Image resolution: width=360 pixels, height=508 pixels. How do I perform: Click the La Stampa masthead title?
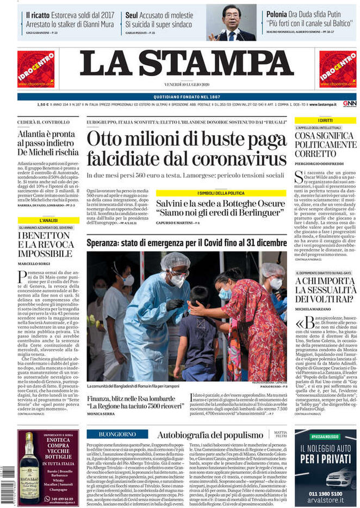click(x=187, y=65)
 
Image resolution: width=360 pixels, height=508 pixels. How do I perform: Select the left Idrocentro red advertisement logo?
click(x=36, y=69)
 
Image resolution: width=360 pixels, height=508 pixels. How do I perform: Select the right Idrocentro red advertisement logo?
click(x=337, y=69)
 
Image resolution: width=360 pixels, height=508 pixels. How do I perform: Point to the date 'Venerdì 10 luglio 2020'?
click(x=187, y=84)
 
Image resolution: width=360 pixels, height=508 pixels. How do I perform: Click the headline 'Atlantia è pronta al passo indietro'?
click(x=48, y=143)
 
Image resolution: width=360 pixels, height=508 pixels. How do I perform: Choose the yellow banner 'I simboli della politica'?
click(x=220, y=193)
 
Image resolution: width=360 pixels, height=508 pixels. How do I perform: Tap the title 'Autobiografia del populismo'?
click(x=209, y=435)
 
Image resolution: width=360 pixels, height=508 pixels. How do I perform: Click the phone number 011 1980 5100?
click(x=325, y=493)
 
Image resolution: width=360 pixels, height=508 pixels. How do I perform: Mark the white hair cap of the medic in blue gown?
click(x=175, y=261)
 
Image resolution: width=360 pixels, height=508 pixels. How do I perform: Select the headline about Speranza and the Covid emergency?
click(x=186, y=242)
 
